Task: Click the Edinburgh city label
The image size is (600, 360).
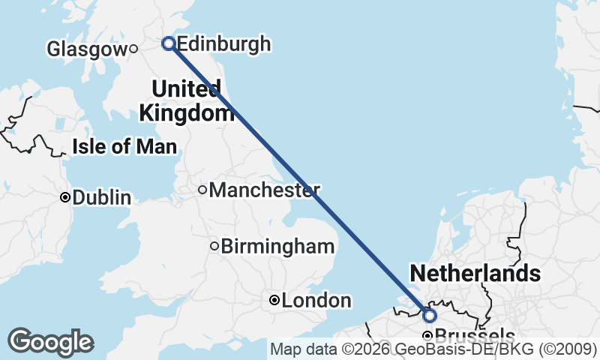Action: click(223, 44)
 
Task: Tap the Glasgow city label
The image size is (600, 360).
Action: click(87, 49)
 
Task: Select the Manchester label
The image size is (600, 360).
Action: click(264, 190)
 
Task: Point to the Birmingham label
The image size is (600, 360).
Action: click(277, 246)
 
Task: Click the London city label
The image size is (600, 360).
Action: click(316, 301)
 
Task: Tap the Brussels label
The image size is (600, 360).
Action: click(474, 337)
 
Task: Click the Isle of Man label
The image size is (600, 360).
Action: click(124, 146)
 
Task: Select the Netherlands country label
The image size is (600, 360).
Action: click(475, 273)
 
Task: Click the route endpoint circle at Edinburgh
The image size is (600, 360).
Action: click(169, 43)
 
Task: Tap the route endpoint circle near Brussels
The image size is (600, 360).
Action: click(430, 315)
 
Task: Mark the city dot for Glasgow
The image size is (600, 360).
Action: click(133, 49)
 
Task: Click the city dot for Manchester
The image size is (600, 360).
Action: click(202, 190)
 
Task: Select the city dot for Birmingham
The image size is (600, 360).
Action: click(214, 246)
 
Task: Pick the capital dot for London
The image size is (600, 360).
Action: click(274, 301)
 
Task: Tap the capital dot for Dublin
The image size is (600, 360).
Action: click(65, 197)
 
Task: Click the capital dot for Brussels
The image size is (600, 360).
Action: click(427, 336)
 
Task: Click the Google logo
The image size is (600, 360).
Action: click(50, 342)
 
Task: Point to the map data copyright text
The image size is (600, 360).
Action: click(433, 349)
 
